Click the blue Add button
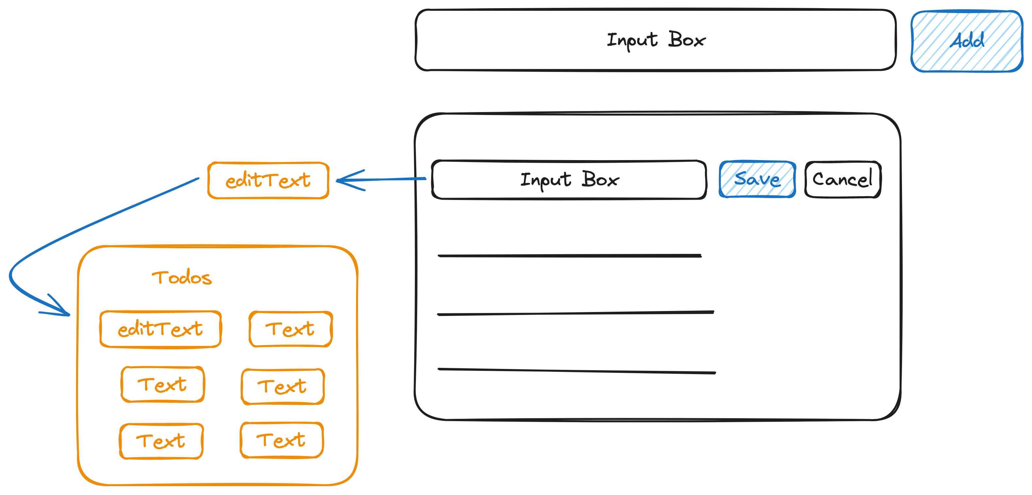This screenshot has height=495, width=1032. click(x=966, y=41)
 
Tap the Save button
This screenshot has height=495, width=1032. click(x=757, y=179)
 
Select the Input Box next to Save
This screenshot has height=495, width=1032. click(x=569, y=180)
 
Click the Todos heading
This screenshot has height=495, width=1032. click(x=182, y=277)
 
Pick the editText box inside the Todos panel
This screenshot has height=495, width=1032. click(x=160, y=329)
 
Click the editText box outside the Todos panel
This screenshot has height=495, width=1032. click(x=268, y=180)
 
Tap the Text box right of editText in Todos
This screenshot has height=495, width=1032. click(x=290, y=329)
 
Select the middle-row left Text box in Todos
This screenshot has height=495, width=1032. click(x=162, y=384)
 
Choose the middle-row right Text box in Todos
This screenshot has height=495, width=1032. click(x=283, y=387)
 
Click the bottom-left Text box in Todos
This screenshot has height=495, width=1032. click(x=161, y=441)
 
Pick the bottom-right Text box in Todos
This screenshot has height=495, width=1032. click(x=281, y=440)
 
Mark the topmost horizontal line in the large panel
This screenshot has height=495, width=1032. click(x=569, y=255)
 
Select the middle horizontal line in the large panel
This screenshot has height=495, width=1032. click(x=575, y=313)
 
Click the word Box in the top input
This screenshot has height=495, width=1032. click(x=686, y=40)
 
